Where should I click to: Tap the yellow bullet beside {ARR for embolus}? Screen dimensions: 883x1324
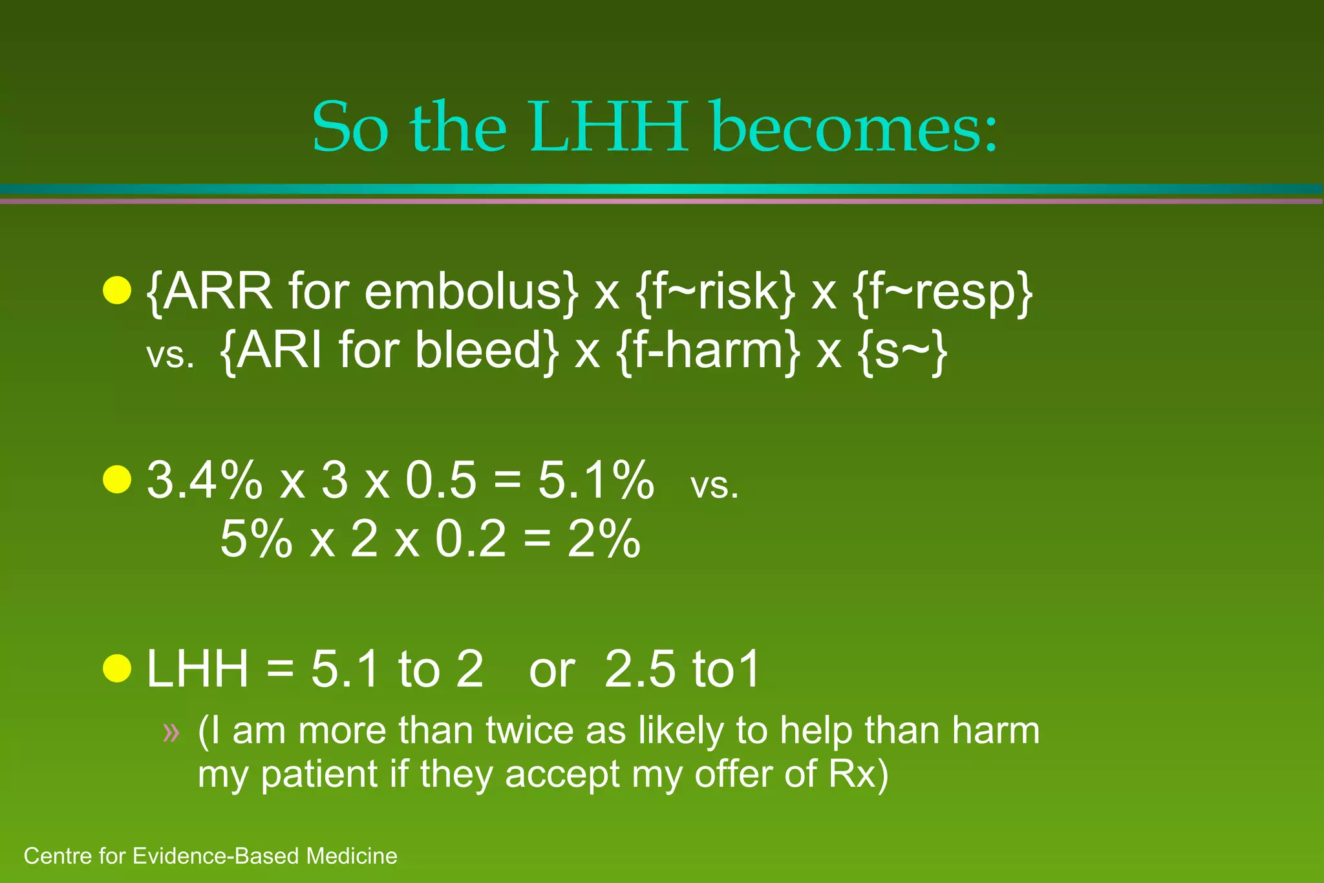[117, 290]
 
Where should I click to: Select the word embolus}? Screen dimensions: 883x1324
[472, 292]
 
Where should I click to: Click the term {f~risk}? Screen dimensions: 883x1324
[716, 292]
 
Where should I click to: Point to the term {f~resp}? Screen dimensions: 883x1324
[943, 292]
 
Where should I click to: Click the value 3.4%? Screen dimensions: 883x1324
[204, 480]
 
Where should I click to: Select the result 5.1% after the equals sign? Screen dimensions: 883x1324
[595, 480]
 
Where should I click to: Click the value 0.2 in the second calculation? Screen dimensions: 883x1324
[470, 539]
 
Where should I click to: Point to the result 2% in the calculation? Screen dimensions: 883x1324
[604, 539]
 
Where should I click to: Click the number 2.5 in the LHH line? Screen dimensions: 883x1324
[639, 669]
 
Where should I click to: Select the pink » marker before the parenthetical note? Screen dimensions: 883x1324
[171, 732]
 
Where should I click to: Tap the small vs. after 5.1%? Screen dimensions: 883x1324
[714, 486]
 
